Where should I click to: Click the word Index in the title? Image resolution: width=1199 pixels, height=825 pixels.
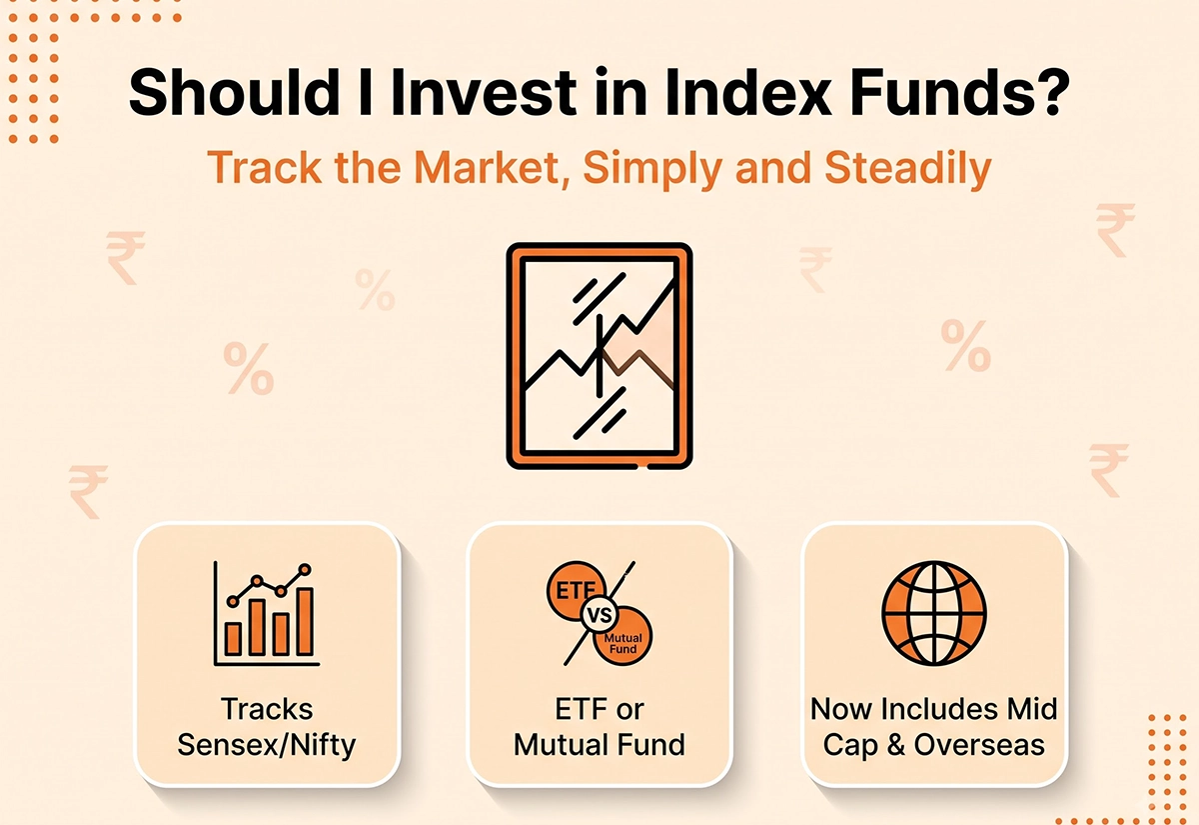coord(745,92)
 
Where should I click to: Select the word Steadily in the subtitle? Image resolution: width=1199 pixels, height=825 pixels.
coord(908,168)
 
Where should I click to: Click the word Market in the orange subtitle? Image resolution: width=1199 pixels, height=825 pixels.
coord(486,168)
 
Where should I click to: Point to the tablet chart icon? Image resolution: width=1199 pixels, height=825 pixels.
coord(599,356)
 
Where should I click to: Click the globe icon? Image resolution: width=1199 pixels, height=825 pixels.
coord(934,613)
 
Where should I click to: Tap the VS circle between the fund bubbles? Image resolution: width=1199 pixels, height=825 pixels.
coord(599,615)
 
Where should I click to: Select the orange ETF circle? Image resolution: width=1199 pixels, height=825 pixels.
coord(575,589)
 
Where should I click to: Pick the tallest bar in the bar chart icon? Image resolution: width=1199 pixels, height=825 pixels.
coord(305,621)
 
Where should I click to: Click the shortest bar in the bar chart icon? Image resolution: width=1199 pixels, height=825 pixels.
coord(233,639)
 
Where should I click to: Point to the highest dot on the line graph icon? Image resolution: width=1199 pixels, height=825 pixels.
coord(305,569)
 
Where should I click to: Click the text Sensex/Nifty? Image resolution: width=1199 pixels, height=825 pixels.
coord(267,745)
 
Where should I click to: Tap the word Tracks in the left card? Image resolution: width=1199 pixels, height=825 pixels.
coord(267,709)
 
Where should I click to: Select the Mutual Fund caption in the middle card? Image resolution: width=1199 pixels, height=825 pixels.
coord(599,745)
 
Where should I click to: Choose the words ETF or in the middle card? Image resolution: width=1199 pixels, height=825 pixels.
coord(599,709)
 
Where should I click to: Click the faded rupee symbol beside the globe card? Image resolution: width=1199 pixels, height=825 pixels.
coord(1108,469)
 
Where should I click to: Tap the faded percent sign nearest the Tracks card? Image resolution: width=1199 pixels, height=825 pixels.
coord(249,368)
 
